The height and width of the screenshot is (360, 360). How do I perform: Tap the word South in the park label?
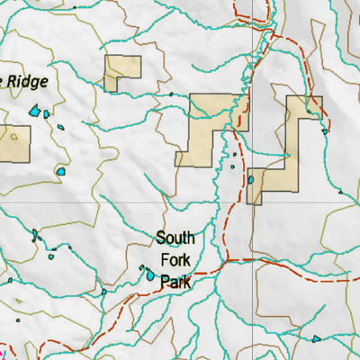175,238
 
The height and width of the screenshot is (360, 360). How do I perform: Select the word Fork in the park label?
175,260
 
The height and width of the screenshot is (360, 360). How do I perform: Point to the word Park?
175,282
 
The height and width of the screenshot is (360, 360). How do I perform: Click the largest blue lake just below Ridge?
35,112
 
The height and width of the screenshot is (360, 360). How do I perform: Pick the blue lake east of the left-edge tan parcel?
61,170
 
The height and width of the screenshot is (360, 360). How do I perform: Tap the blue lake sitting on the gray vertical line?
251,180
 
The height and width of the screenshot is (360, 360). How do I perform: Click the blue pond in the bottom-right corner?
316,339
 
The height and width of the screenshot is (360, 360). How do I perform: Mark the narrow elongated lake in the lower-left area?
35,236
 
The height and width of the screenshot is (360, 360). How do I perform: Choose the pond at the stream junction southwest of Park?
103,291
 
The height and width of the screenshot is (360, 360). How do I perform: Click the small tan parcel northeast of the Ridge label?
122,73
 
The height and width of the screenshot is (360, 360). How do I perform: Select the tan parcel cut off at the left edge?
13,143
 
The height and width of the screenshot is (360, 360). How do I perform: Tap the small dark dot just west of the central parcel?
170,94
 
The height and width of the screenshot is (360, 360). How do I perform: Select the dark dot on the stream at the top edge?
75,6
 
